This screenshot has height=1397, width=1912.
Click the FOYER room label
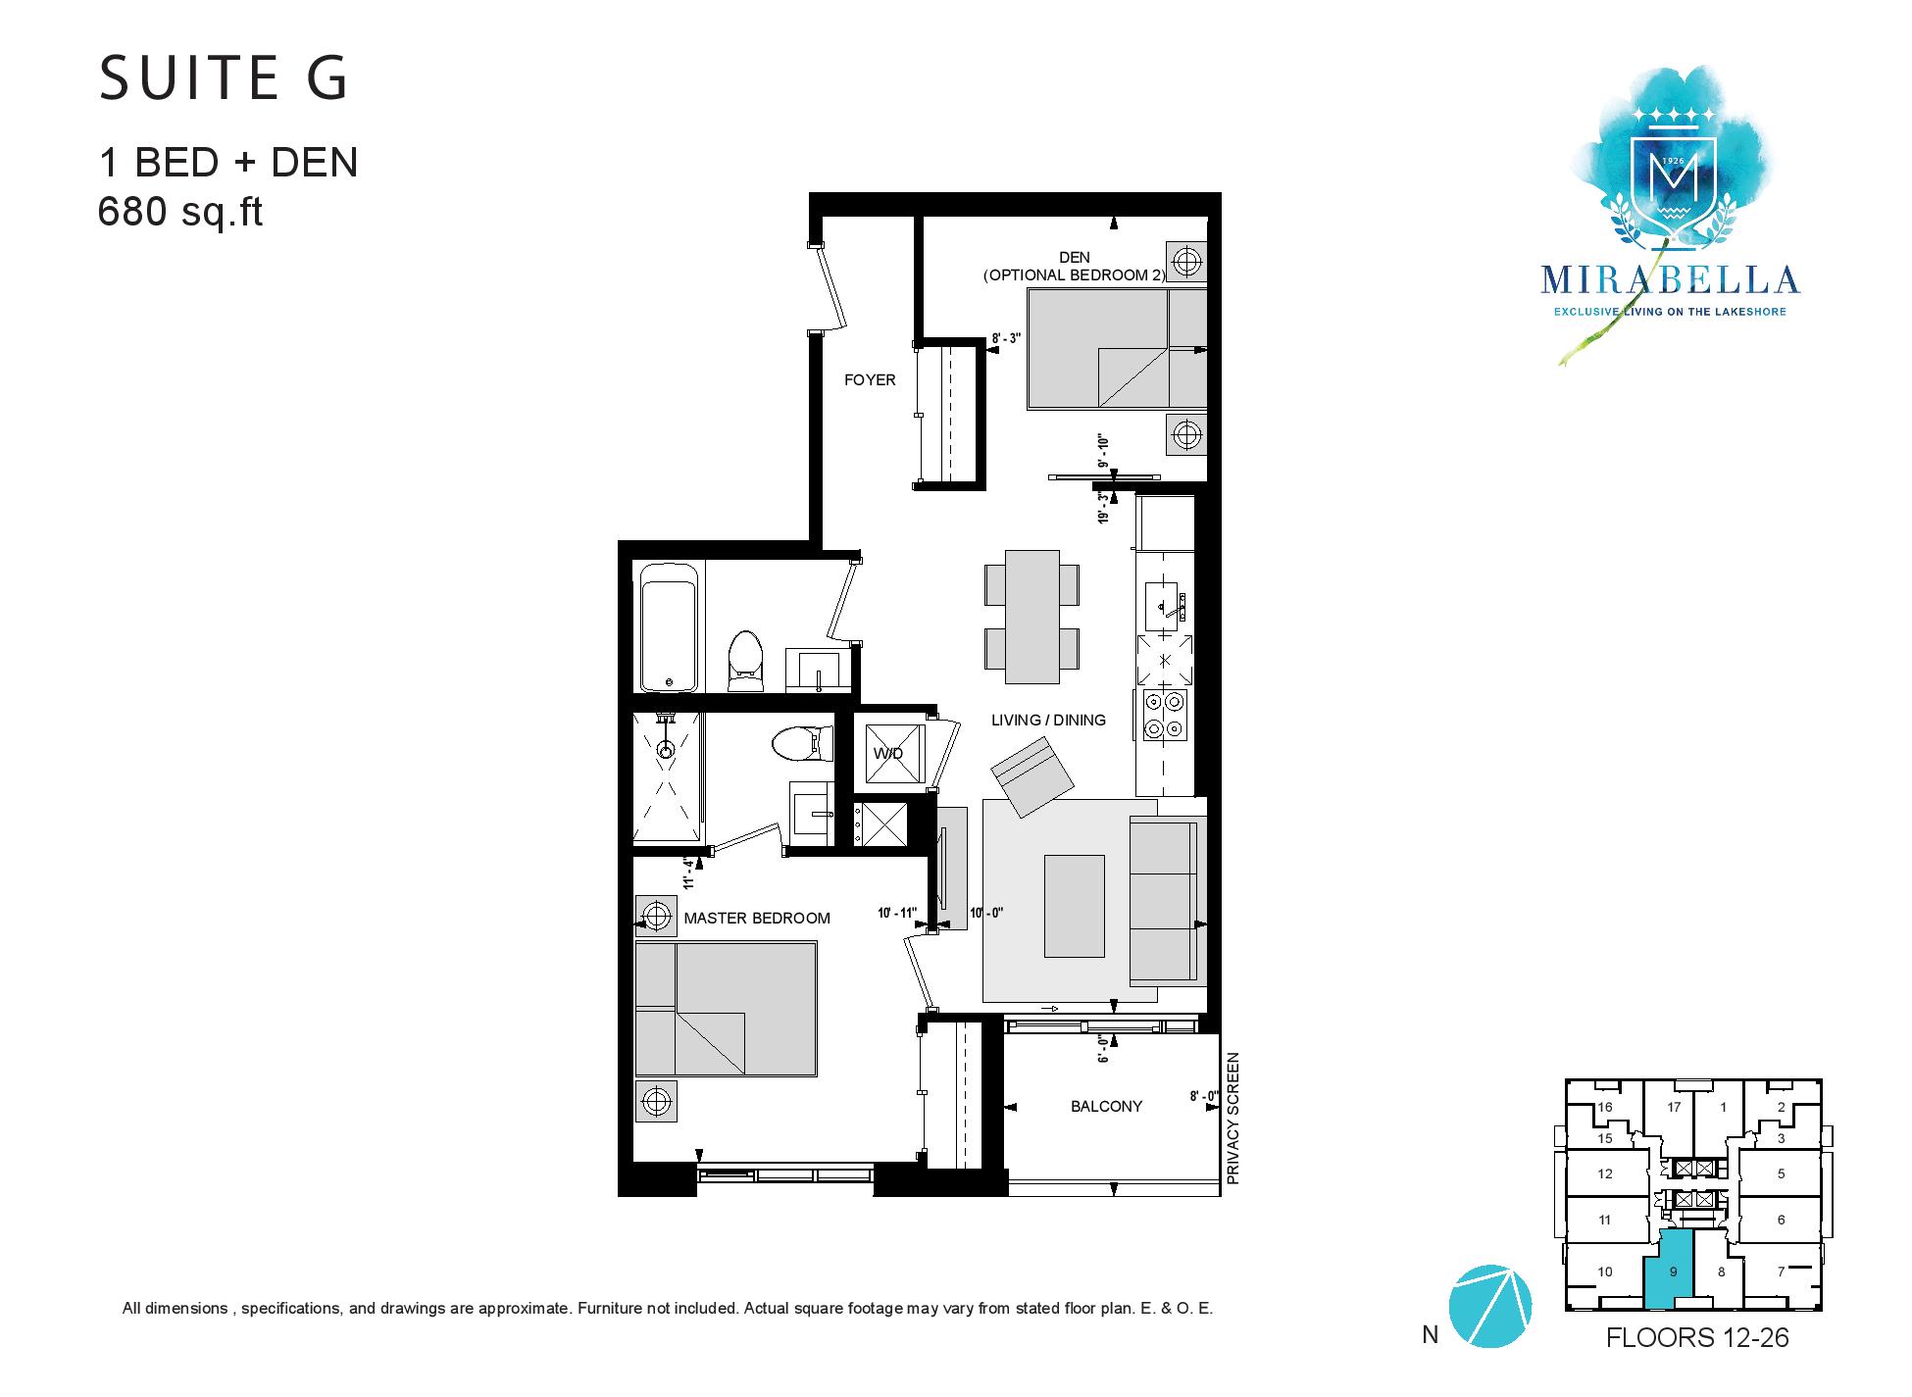pyautogui.click(x=870, y=380)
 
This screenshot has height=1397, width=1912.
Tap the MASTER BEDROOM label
pyautogui.click(x=757, y=919)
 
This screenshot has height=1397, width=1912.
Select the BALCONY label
pyautogui.click(x=1106, y=1107)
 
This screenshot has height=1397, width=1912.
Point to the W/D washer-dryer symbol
pyautogui.click(x=889, y=753)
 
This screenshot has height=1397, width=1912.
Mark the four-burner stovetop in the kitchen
pyautogui.click(x=1164, y=715)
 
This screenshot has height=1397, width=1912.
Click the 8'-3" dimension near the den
pyautogui.click(x=1006, y=338)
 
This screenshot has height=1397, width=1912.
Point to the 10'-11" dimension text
pyautogui.click(x=897, y=914)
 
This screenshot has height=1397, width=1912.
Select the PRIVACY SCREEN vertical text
pyautogui.click(x=1233, y=1119)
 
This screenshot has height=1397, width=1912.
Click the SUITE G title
pyautogui.click(x=224, y=78)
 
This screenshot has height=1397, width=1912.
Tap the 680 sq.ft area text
pyautogui.click(x=180, y=212)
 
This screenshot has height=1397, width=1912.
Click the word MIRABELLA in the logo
pyautogui.click(x=1670, y=280)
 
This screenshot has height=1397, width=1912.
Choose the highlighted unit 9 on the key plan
pyautogui.click(x=1674, y=1272)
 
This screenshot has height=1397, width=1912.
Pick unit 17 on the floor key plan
pyautogui.click(x=1674, y=1108)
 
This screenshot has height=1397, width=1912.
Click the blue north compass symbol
pyautogui.click(x=1489, y=1306)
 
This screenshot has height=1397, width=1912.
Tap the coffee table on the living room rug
pyautogui.click(x=1075, y=906)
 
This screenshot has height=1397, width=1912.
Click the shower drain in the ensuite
pyautogui.click(x=667, y=753)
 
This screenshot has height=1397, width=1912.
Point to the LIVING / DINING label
pyautogui.click(x=1048, y=721)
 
